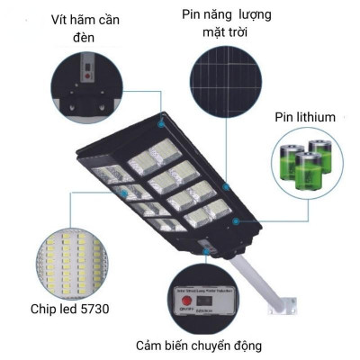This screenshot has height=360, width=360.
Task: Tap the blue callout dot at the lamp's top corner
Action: click(162, 119)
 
